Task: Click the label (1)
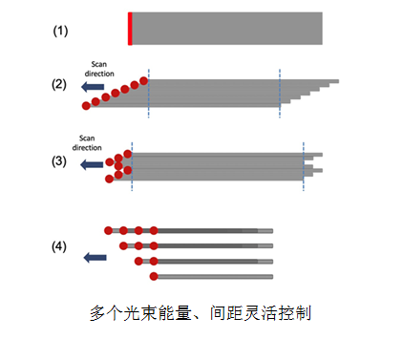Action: pyautogui.click(x=60, y=32)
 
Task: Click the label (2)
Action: pyautogui.click(x=59, y=85)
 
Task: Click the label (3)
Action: pyautogui.click(x=59, y=161)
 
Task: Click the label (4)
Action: pyautogui.click(x=59, y=246)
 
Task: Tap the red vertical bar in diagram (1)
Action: pyautogui.click(x=130, y=29)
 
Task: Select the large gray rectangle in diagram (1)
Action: pyautogui.click(x=227, y=29)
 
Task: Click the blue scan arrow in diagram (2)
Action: pyautogui.click(x=93, y=87)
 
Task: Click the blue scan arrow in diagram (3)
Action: pyautogui.click(x=92, y=164)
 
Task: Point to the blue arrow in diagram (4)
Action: pyautogui.click(x=95, y=257)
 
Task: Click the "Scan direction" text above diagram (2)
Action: pyautogui.click(x=99, y=69)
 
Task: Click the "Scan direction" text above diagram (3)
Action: pyautogui.click(x=87, y=143)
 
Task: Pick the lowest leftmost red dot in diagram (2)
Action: pyautogui.click(x=86, y=106)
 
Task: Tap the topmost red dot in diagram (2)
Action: pyautogui.click(x=144, y=81)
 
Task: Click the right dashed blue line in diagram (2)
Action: pyautogui.click(x=280, y=94)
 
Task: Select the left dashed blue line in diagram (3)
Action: pyautogui.click(x=132, y=166)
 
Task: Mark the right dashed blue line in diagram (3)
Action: pyautogui.click(x=304, y=166)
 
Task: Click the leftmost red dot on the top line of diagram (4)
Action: pyautogui.click(x=109, y=230)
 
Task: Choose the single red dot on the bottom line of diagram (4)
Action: pyautogui.click(x=154, y=276)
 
